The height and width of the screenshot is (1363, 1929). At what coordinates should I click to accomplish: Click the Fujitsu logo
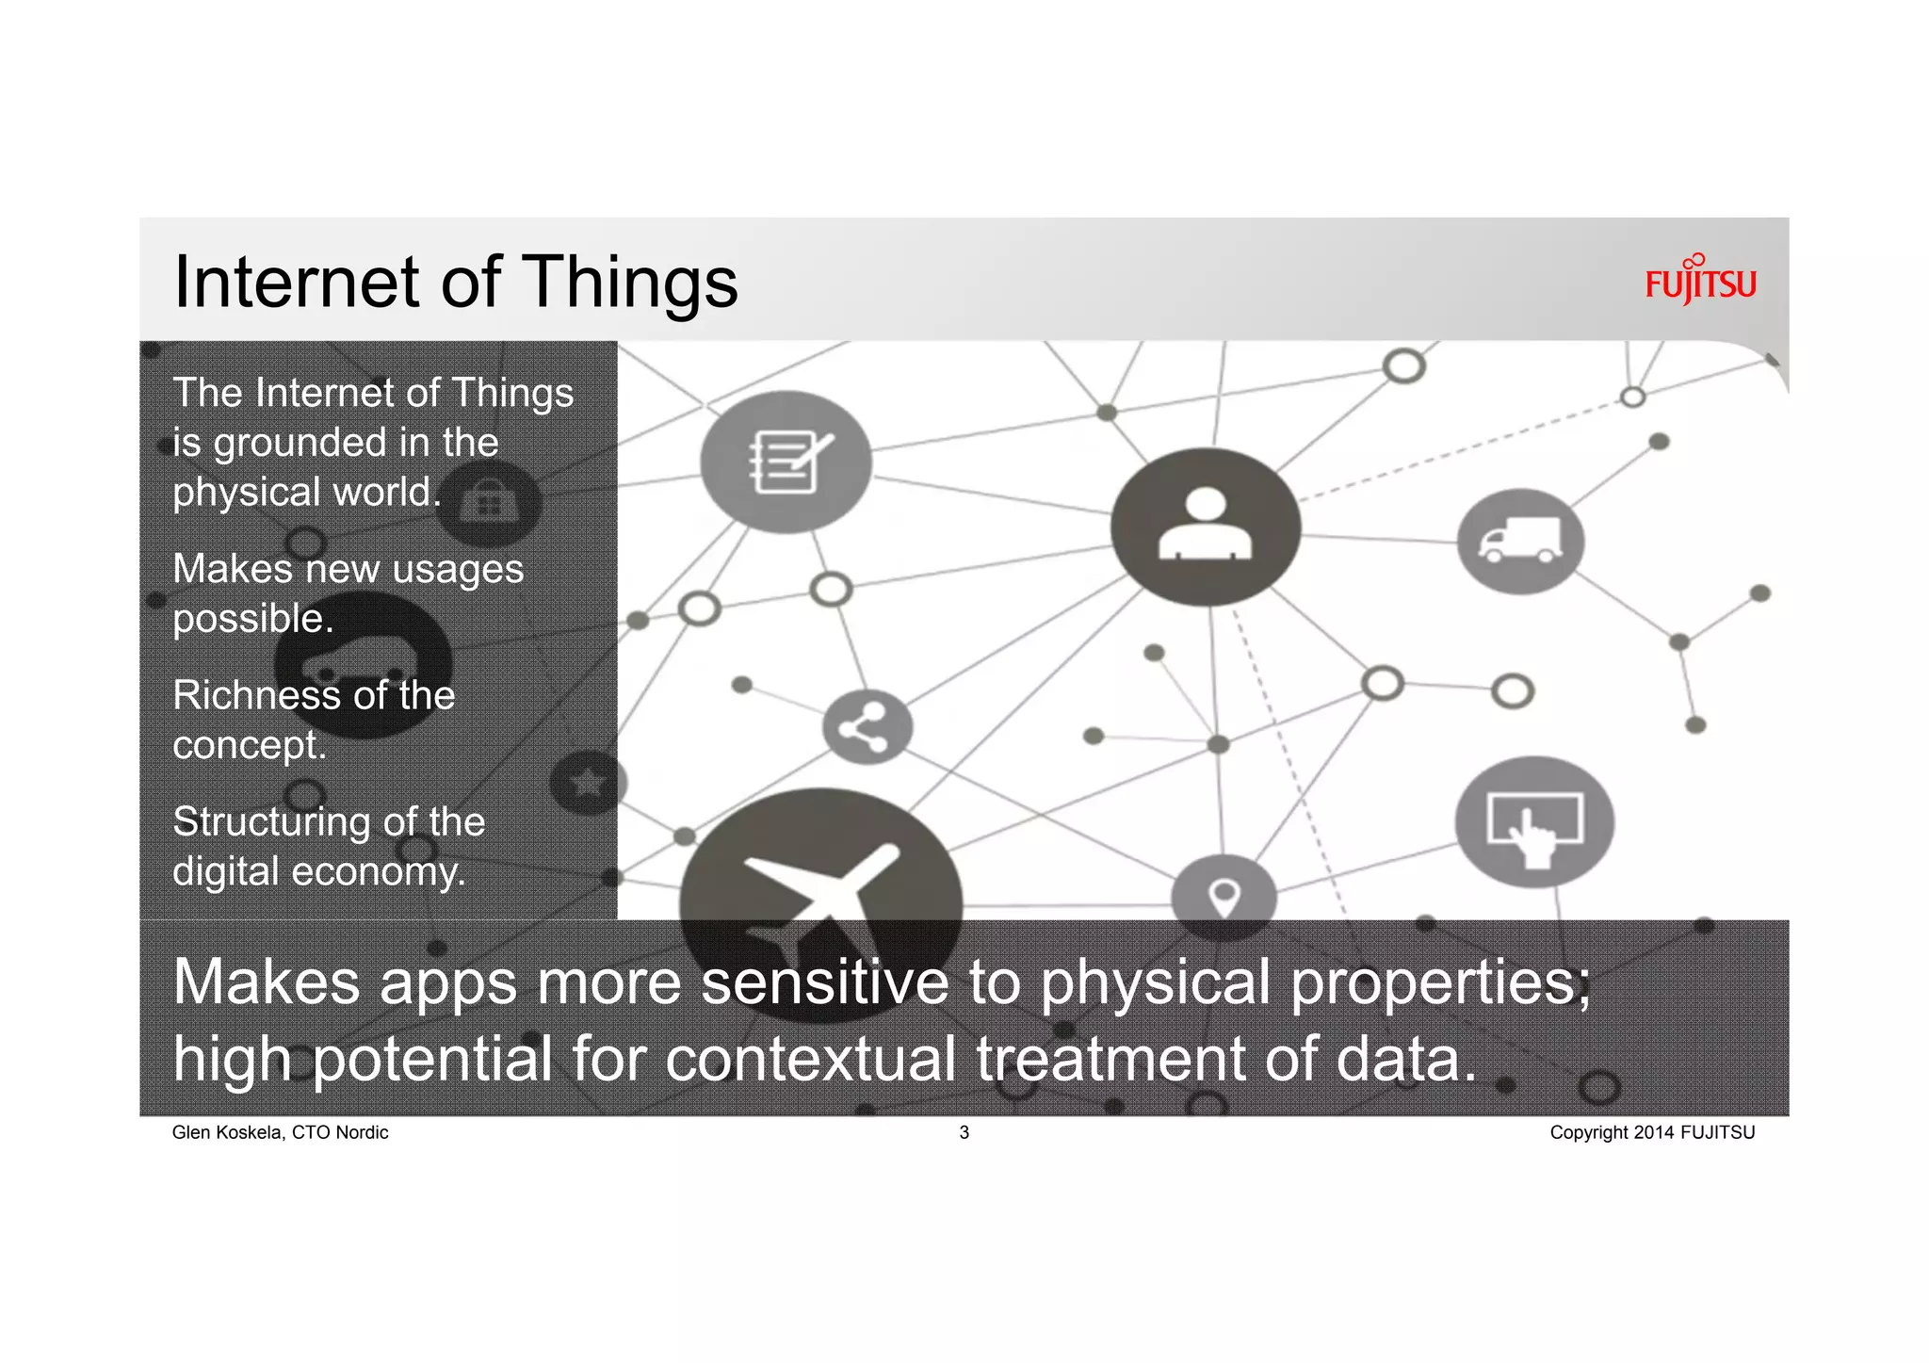pyautogui.click(x=1700, y=281)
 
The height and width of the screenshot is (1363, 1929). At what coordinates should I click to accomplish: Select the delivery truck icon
pyautogui.click(x=1519, y=542)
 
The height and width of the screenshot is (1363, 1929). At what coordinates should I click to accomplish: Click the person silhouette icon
pyautogui.click(x=1205, y=527)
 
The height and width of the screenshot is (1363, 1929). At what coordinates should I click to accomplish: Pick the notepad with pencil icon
pyautogui.click(x=786, y=462)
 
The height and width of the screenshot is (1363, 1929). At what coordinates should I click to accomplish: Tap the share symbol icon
pyautogui.click(x=867, y=727)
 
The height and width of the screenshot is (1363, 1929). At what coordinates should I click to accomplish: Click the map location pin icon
pyautogui.click(x=1224, y=896)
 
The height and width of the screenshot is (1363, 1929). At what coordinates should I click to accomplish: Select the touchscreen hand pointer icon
pyautogui.click(x=1534, y=823)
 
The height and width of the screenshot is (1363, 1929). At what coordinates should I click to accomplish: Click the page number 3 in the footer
pyautogui.click(x=964, y=1132)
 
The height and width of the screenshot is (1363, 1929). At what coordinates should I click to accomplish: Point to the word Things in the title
pyautogui.click(x=629, y=283)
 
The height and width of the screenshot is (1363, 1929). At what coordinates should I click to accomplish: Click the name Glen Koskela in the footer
pyautogui.click(x=227, y=1132)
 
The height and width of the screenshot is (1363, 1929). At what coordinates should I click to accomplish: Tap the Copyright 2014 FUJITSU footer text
pyautogui.click(x=1652, y=1132)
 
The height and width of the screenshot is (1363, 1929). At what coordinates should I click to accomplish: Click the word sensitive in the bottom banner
pyautogui.click(x=825, y=982)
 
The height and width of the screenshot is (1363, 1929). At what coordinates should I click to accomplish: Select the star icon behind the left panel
pyautogui.click(x=588, y=782)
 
